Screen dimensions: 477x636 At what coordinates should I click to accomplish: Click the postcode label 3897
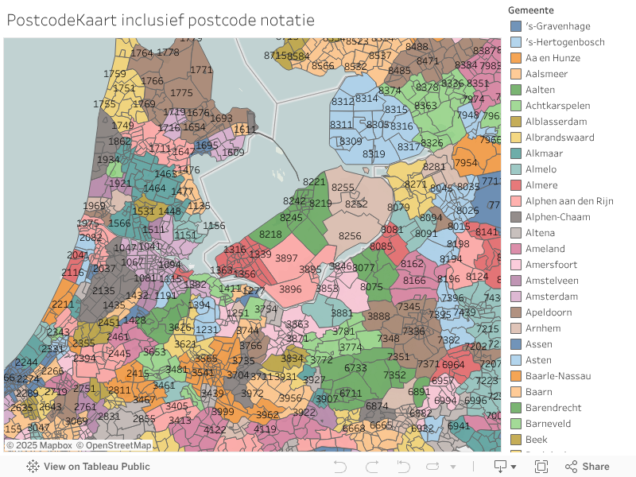286,258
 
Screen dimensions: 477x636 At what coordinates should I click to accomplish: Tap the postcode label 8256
350,236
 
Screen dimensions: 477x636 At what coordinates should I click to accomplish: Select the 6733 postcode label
355,368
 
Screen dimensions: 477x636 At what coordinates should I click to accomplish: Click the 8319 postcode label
374,154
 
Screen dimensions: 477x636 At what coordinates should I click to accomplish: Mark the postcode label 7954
465,163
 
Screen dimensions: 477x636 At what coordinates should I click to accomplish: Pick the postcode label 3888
378,316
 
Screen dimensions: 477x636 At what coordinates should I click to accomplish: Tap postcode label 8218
270,235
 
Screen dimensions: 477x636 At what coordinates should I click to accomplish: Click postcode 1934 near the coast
108,160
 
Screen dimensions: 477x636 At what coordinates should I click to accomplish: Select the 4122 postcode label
215,429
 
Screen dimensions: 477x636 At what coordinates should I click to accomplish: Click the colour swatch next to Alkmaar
516,153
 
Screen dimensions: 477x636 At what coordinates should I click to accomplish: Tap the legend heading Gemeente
532,10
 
